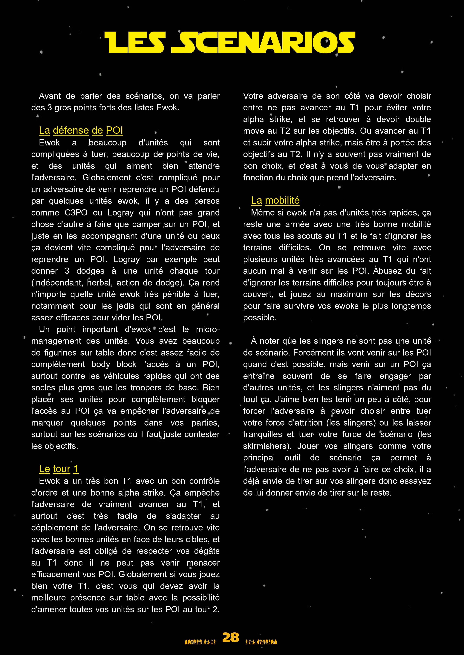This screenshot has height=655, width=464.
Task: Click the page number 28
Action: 231,637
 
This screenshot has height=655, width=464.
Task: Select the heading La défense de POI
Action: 81,130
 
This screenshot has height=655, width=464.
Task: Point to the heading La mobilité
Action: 275,200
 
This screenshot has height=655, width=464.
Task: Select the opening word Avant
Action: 50,96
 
